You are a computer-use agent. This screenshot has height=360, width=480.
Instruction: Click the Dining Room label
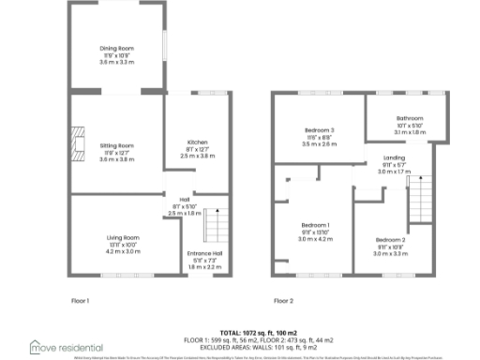pos(118,47)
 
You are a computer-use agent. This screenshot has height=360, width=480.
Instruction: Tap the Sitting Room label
pos(118,145)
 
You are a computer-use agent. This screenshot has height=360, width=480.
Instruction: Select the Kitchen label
pos(197,142)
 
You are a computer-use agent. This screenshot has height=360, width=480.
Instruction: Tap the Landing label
pos(394,157)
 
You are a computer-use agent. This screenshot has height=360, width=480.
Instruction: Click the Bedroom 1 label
pos(315,225)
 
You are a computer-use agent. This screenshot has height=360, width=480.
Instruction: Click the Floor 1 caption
pos(80,301)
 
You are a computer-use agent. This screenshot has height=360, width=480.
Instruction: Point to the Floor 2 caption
pos(283,301)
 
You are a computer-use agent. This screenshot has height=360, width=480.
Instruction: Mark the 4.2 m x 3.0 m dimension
pos(123,251)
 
